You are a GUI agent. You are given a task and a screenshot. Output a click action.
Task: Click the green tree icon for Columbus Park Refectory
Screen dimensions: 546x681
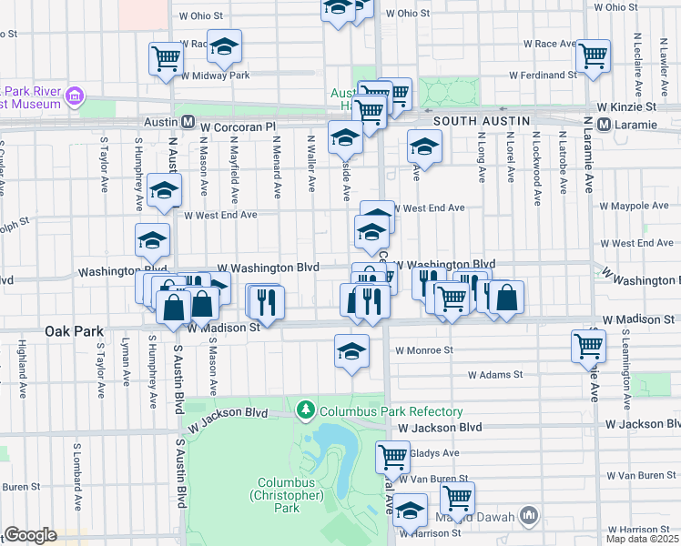309,411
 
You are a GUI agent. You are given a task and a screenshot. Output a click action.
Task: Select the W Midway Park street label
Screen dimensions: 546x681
215,76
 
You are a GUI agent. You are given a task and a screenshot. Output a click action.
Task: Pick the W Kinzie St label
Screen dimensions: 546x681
634,107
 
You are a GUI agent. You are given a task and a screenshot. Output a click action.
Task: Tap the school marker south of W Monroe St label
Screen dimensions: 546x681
351,350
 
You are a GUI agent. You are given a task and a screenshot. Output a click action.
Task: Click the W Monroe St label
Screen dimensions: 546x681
423,349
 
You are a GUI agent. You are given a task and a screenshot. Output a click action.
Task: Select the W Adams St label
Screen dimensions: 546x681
495,374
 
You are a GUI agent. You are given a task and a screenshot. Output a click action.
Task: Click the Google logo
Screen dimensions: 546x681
30,535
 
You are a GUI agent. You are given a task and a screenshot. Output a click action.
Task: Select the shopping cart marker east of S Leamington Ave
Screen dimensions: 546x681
589,346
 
